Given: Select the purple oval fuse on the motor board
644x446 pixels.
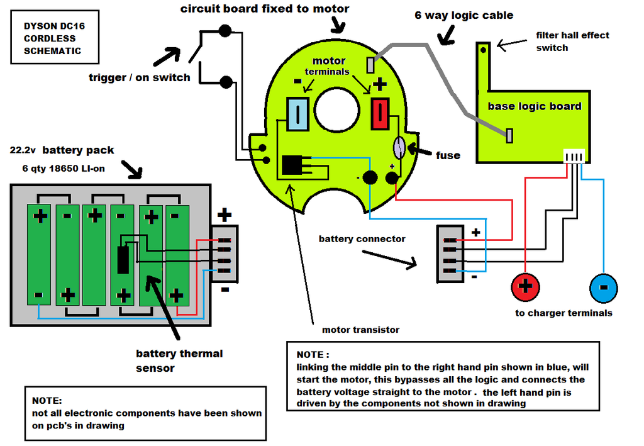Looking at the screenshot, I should (x=399, y=148).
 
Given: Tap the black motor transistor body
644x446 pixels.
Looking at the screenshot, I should (x=292, y=165).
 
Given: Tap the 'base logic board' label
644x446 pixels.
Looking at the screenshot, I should (x=535, y=106).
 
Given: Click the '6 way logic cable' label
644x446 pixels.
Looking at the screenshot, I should (x=464, y=15).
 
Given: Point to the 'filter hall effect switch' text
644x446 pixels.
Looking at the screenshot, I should (x=572, y=42).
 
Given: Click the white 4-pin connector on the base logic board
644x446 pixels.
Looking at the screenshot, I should (x=574, y=157).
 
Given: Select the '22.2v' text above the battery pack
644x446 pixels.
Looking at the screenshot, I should (x=23, y=151).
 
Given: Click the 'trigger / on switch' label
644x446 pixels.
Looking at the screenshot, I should (x=140, y=78).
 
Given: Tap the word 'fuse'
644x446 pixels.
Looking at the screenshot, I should (x=448, y=155).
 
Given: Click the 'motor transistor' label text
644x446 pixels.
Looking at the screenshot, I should (x=360, y=330).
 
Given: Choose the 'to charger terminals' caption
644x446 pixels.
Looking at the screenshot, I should (x=563, y=313).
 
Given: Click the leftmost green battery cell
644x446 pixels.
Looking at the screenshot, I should (x=40, y=255).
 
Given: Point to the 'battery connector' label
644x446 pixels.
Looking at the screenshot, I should (x=362, y=239).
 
